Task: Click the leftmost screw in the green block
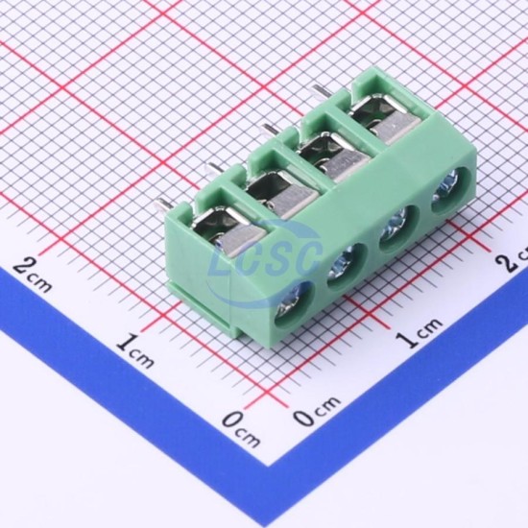(x=291, y=304)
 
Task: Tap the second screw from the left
(x=343, y=262)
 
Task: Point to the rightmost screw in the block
(x=444, y=188)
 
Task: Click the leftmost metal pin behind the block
(x=162, y=205)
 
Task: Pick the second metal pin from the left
(x=216, y=168)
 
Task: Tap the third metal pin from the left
(x=271, y=130)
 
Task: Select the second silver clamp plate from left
(x=292, y=201)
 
